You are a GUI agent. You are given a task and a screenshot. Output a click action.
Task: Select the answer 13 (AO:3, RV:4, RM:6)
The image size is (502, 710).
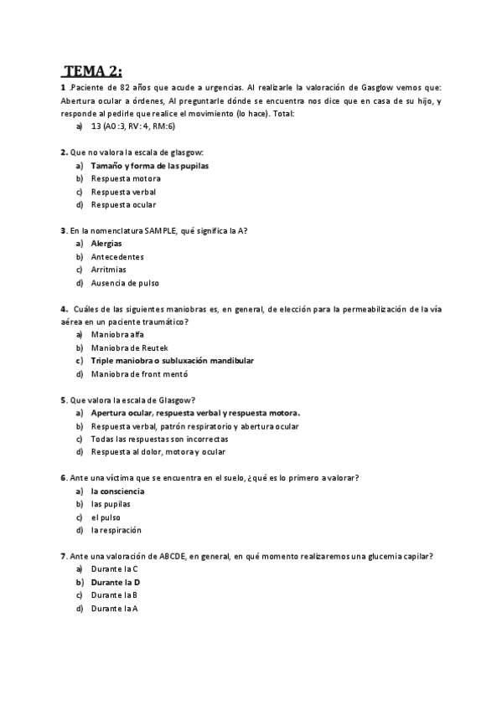click(x=132, y=126)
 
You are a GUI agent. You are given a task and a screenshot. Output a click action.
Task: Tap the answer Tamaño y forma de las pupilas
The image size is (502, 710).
click(x=149, y=166)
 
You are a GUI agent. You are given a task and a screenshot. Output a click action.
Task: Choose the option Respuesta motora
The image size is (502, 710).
click(x=126, y=178)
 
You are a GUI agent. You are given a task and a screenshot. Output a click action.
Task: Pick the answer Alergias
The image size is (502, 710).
click(x=106, y=244)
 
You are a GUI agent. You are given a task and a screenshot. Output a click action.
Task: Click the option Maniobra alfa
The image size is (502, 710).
click(x=117, y=335)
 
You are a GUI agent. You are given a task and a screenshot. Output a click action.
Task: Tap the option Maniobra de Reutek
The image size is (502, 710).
click(x=130, y=347)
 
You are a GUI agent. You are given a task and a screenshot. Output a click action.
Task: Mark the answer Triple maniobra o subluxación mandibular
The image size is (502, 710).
click(x=172, y=361)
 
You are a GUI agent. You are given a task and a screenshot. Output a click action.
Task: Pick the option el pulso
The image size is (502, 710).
click(x=106, y=517)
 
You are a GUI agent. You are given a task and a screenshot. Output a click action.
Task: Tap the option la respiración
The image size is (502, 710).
click(x=116, y=530)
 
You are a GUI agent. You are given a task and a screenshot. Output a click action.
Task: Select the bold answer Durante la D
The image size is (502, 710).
click(x=116, y=582)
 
